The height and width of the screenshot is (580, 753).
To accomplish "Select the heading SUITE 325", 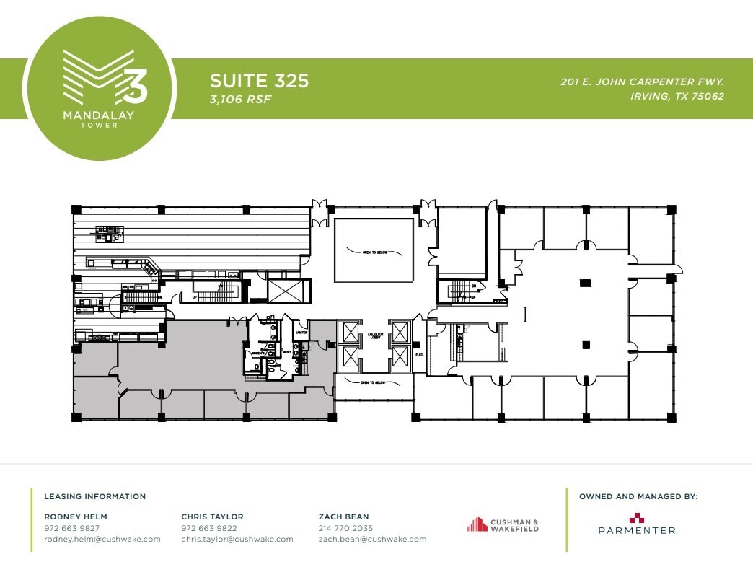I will coord(259,80).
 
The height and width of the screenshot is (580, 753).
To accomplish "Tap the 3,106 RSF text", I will coord(240,99).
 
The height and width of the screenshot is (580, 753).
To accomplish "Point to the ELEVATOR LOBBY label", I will coord(374,335).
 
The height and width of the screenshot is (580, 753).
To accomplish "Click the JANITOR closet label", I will coord(301,333).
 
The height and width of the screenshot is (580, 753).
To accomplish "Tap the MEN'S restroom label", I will coord(286,351).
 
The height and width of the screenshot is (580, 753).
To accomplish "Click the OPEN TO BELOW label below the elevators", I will coord(374,383).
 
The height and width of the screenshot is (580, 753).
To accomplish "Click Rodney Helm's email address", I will coord(102,539).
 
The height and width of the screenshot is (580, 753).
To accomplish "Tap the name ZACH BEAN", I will coord(343,517).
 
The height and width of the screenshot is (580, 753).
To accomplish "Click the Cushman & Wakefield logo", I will coord(503,524).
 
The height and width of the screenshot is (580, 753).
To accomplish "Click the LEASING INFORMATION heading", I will coord(94,496).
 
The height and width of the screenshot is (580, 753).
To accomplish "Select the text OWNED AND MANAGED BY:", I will coord(638,496).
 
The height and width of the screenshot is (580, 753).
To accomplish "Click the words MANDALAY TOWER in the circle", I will coord(100,119).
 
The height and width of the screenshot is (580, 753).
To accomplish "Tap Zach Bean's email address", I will coord(372,539).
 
